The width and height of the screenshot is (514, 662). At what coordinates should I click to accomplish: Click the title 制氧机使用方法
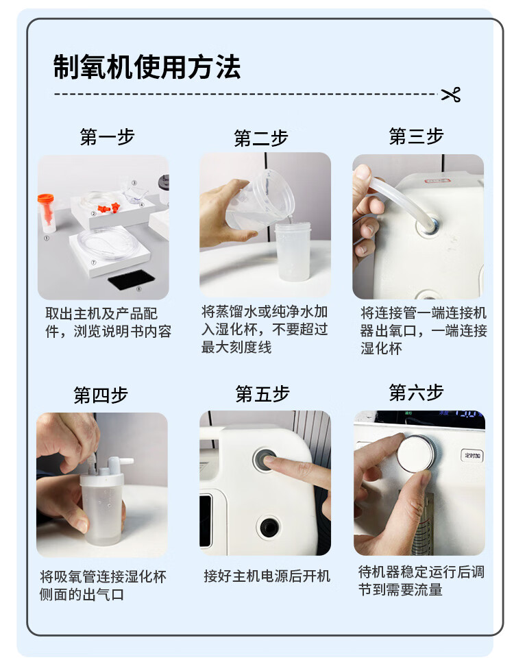pos(147,67)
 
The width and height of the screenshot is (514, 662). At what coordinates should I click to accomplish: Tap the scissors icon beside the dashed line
pos(451,95)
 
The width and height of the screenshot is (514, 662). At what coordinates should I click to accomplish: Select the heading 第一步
pos(108,137)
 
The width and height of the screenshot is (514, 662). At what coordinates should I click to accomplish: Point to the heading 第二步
pos(261,138)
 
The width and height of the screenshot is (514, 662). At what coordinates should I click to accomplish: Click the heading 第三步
pos(416,136)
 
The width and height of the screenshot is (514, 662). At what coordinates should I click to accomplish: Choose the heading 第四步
pos(101,395)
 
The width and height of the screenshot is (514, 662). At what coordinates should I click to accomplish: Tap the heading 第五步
pos(262,393)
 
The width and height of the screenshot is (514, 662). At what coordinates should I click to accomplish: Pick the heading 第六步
pos(416,392)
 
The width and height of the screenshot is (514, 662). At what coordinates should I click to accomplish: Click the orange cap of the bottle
pos(46,197)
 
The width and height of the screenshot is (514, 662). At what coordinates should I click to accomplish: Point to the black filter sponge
pos(132,280)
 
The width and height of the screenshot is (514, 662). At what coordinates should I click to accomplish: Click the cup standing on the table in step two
pos(293,252)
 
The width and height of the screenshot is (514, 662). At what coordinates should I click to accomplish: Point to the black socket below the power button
pos(269,527)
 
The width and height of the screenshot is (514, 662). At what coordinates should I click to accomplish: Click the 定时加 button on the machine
pos(472,455)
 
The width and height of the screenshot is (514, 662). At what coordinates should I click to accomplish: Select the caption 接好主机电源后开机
pos(267,576)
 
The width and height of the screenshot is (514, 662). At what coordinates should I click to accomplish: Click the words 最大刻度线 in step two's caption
pos(236,347)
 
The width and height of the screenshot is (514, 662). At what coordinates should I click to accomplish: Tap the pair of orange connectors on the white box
pos(109,208)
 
